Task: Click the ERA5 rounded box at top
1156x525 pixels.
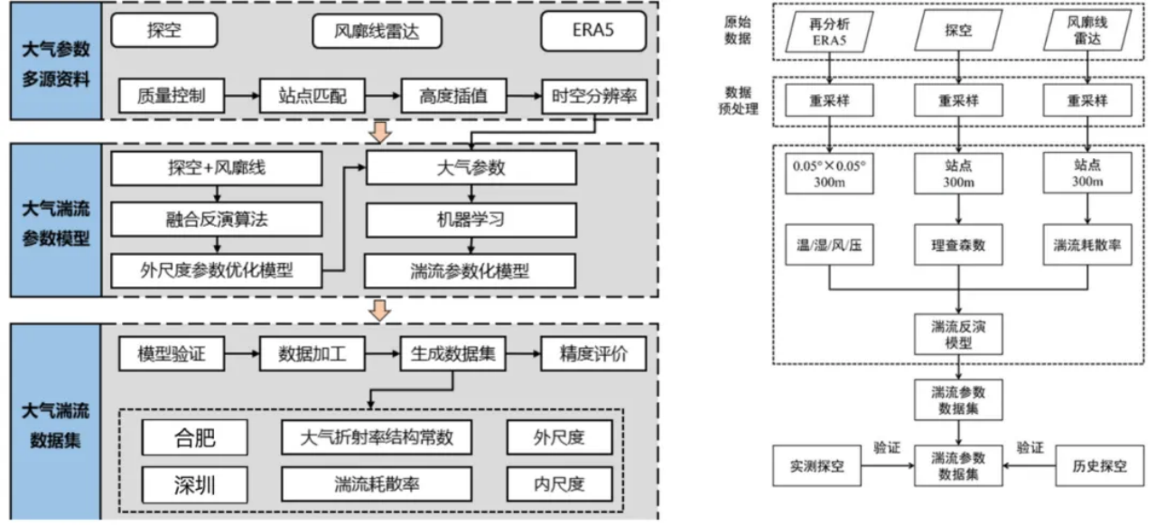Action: (x=594, y=32)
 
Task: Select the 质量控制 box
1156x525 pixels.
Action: (x=172, y=95)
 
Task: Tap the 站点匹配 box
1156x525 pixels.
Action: (x=312, y=95)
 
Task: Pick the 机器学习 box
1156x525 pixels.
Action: (x=470, y=220)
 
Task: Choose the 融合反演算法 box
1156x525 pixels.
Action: (x=216, y=220)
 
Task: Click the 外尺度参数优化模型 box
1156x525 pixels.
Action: (x=216, y=269)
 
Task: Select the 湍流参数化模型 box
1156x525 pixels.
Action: (x=470, y=269)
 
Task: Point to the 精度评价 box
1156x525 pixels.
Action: (x=593, y=354)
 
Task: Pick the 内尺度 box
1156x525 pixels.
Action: (x=559, y=484)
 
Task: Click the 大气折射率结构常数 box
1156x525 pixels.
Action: (x=376, y=438)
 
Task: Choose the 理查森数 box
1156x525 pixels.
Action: (x=958, y=245)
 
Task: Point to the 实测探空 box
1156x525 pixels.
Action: (x=820, y=466)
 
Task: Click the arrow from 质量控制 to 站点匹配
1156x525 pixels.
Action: (x=241, y=95)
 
